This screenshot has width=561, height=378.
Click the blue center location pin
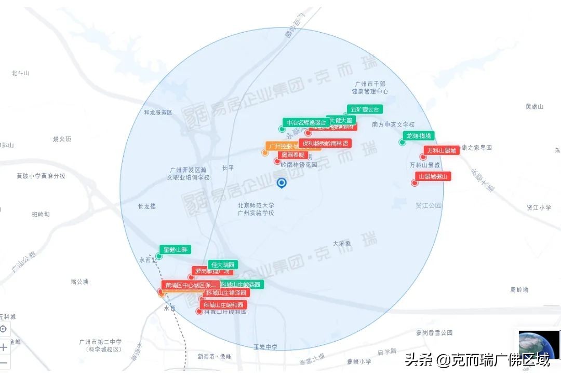click(282, 183)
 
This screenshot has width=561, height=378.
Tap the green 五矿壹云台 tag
click(365, 109)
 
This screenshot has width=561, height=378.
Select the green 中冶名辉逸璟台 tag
click(306, 123)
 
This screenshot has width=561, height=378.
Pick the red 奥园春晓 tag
click(293, 155)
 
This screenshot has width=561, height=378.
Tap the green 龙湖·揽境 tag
click(419, 136)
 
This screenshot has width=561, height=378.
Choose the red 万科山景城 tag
click(442, 150)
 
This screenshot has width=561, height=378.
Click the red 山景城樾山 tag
click(434, 176)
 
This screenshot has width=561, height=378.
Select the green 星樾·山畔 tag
click(175, 249)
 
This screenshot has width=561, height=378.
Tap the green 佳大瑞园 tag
click(223, 264)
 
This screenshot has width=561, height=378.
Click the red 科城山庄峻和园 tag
click(223, 305)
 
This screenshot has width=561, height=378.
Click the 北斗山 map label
click(20, 73)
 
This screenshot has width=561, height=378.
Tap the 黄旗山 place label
click(534, 106)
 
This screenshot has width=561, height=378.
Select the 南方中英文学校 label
click(393, 124)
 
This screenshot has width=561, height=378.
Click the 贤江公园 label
click(429, 205)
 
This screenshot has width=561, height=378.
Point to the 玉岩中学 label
click(265, 347)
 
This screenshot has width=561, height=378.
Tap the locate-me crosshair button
click(3, 329)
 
